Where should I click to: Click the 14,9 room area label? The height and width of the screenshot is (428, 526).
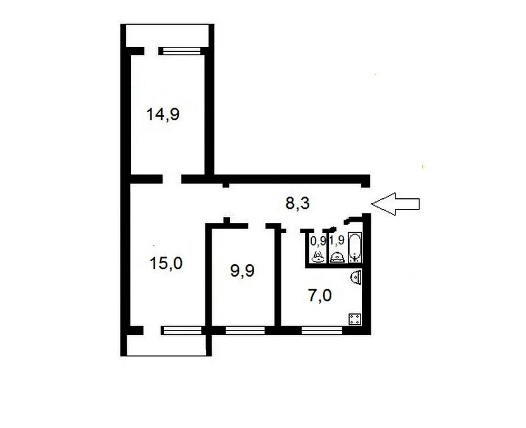(163, 115)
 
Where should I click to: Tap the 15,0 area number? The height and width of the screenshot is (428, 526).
(166, 263)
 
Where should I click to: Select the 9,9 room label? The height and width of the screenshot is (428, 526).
(242, 270)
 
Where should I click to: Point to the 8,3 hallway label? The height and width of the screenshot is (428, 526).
(297, 203)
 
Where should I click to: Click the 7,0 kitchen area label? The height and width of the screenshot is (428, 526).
(319, 296)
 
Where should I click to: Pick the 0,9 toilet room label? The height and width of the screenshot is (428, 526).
(318, 241)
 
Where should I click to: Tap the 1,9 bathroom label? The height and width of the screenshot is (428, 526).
(337, 241)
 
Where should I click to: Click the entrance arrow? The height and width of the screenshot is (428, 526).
(395, 204)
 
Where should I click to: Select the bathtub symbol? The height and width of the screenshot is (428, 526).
(355, 248)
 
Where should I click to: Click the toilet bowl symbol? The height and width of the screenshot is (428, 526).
(318, 256)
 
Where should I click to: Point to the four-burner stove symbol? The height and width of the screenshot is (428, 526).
(355, 318)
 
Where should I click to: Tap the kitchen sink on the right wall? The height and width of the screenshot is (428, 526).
(356, 277)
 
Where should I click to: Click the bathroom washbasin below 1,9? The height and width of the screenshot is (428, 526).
(337, 257)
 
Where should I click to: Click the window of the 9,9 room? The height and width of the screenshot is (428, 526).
(245, 330)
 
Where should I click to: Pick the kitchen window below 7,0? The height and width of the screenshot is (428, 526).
(322, 330)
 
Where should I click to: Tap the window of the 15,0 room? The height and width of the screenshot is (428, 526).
(181, 330)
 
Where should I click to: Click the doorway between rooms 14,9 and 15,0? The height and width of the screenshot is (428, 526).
(172, 179)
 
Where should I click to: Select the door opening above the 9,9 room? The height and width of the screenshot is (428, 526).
(257, 226)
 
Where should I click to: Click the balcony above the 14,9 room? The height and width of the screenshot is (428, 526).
(167, 35)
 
